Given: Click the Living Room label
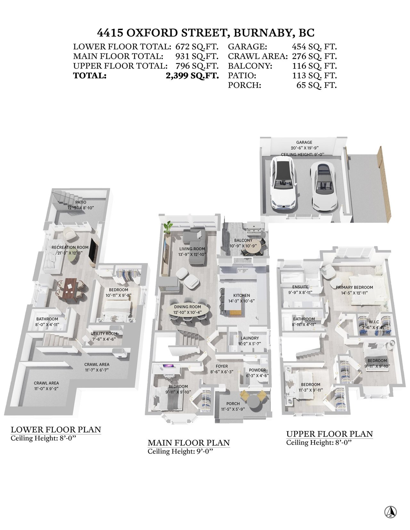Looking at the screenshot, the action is (192, 249).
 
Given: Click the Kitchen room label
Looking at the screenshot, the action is (242, 295).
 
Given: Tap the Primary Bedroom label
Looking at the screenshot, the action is (354, 287).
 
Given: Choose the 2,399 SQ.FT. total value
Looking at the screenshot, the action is (192, 76).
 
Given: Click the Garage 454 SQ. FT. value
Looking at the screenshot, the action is (315, 46).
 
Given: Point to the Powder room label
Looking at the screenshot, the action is (257, 370).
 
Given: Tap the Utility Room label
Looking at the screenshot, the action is (104, 334).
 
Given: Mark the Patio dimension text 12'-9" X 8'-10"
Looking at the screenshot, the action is (81, 208).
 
